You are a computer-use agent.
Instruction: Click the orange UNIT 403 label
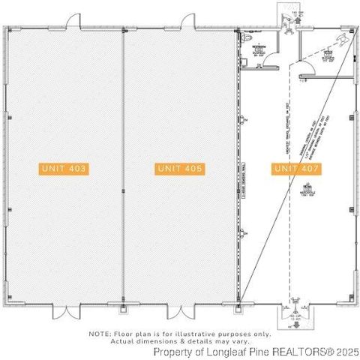[x=64, y=169]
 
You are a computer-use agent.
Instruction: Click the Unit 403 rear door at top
[x=72, y=22]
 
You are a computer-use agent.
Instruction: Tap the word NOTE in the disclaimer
[x=99, y=333]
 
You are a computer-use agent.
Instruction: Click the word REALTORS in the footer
[x=296, y=351]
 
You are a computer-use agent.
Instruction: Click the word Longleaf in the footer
[x=223, y=351]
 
